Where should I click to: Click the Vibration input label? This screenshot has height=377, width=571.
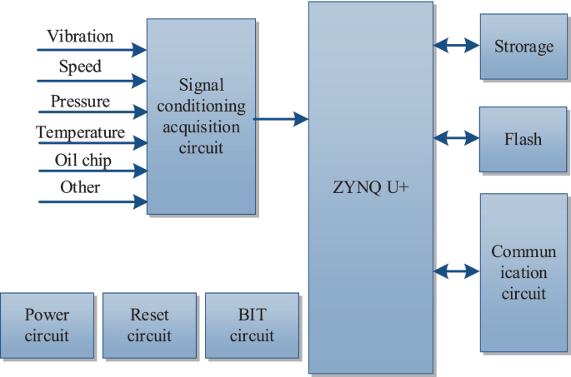(x=80, y=37)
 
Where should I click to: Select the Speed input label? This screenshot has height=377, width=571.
(x=80, y=67)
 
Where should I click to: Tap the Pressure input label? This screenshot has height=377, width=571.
(x=80, y=102)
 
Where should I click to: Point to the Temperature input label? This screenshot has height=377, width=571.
(x=80, y=132)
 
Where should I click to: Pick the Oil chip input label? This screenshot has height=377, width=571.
(x=83, y=159)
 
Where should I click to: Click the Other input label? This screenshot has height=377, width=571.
(x=80, y=187)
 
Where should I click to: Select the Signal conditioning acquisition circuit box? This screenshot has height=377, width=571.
(x=201, y=117)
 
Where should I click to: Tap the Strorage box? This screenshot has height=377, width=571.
(x=523, y=47)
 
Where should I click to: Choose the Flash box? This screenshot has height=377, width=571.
(x=523, y=138)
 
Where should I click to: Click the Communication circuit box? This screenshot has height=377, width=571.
(x=523, y=272)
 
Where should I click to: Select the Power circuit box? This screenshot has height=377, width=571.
(x=47, y=325)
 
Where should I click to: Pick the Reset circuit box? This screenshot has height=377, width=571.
(x=149, y=325)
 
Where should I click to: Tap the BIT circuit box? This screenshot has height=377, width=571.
(x=252, y=325)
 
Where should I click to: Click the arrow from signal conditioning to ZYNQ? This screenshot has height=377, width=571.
(x=281, y=120)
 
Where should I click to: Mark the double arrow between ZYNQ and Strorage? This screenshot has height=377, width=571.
(x=457, y=47)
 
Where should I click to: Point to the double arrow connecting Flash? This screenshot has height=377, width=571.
(x=457, y=138)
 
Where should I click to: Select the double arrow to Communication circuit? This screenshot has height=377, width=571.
(x=457, y=270)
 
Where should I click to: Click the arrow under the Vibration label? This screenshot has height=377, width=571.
(x=91, y=51)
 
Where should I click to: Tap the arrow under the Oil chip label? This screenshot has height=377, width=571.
(x=91, y=172)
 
